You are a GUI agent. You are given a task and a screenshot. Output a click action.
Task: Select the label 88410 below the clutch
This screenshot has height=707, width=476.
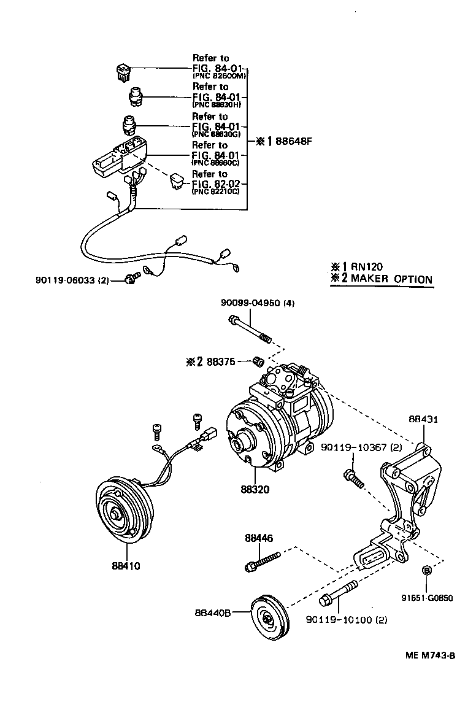tap(126, 566)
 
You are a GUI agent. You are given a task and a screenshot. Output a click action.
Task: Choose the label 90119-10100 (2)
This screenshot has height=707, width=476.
tap(347, 620)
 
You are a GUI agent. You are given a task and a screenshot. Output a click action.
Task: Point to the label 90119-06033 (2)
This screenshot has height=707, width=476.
tap(72, 280)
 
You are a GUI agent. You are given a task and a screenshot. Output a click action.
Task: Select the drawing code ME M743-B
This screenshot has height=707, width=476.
tap(430, 655)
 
